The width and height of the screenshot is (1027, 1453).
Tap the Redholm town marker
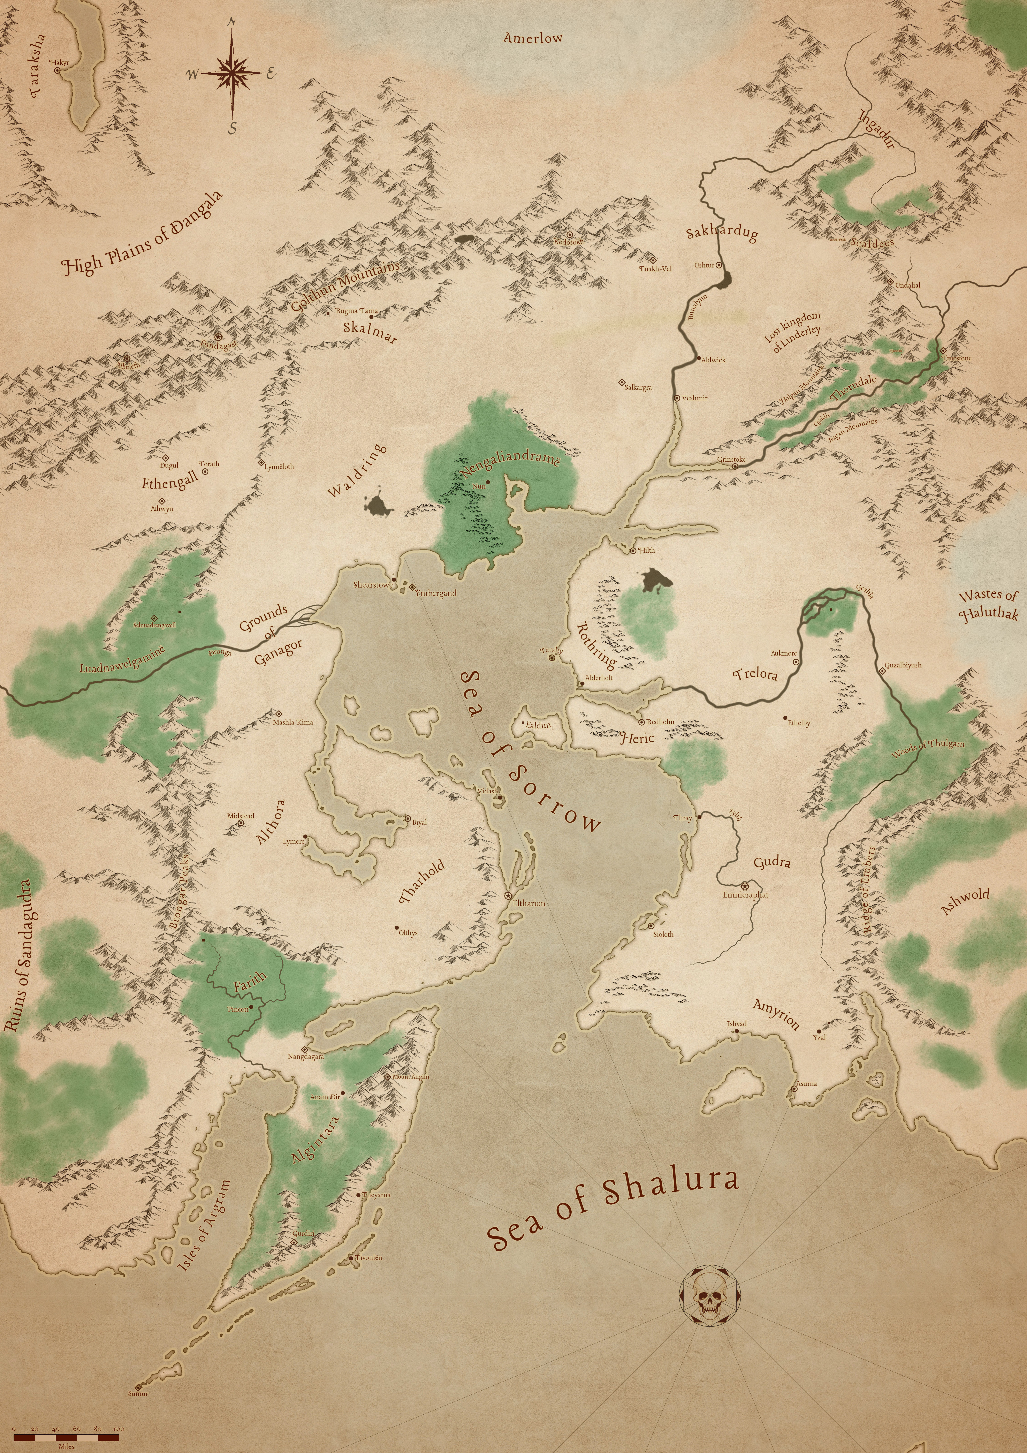[641, 721]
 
